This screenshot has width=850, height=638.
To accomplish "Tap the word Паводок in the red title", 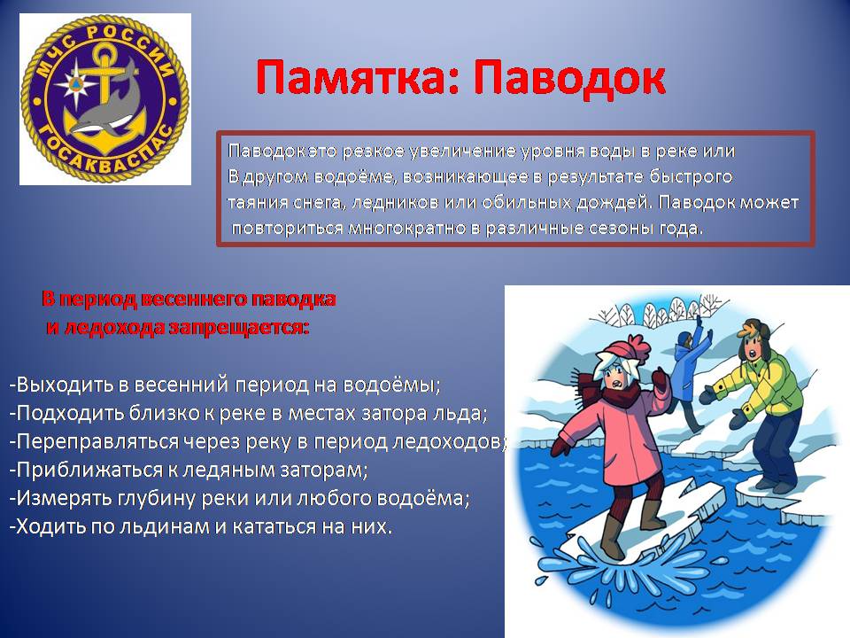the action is (x=569, y=79).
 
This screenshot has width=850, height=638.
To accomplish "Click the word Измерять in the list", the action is (x=61, y=498).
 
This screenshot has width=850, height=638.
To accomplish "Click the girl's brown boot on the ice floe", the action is (x=612, y=537).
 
